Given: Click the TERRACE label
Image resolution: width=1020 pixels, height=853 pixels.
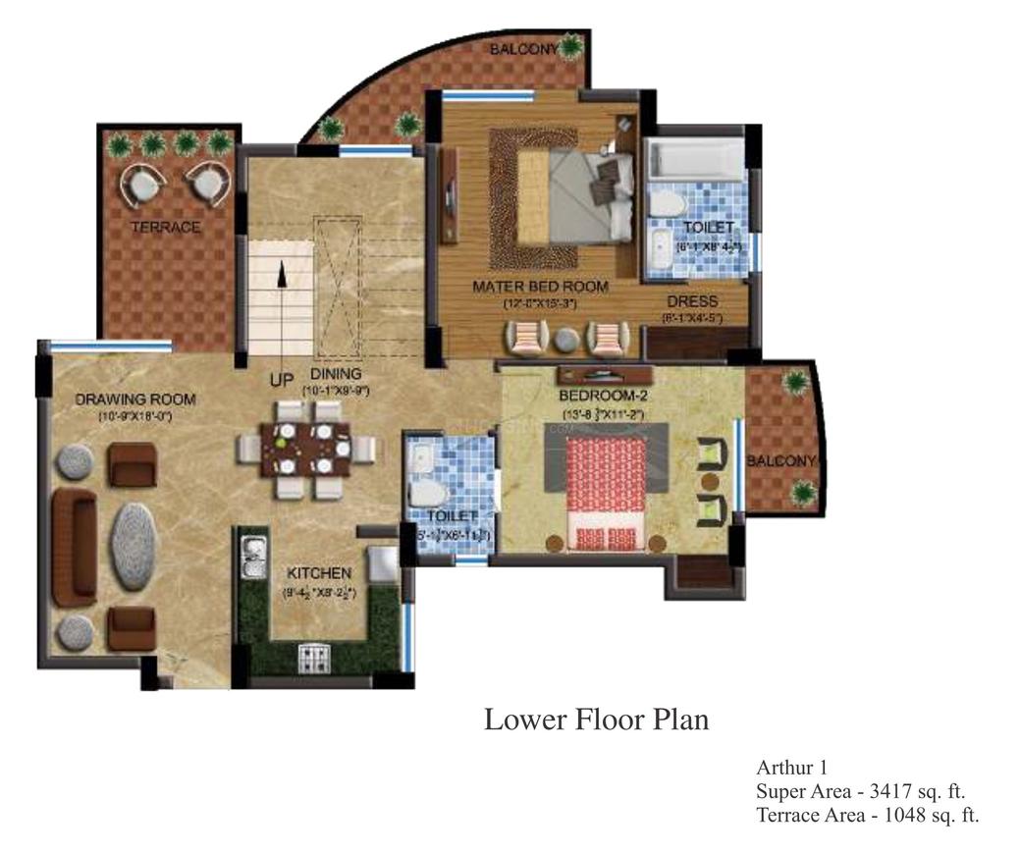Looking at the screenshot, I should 165,228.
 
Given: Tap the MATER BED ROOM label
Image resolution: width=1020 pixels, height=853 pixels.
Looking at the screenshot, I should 540,287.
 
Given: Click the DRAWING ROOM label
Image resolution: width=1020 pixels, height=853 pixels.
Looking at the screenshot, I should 135,400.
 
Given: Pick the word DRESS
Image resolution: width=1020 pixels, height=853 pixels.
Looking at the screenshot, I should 692,301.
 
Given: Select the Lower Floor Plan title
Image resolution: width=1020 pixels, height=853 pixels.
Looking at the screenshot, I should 596,720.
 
